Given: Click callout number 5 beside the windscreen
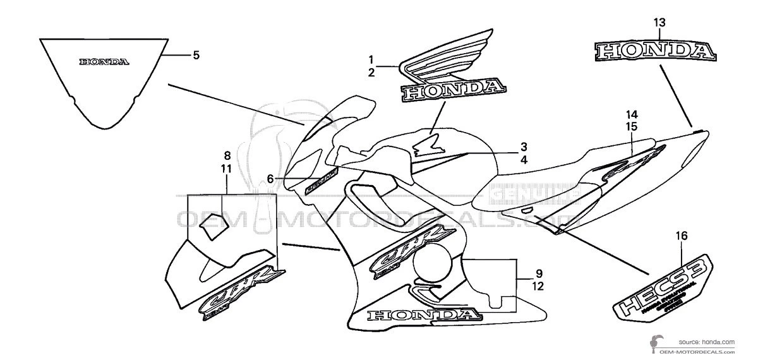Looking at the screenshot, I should (x=196, y=55).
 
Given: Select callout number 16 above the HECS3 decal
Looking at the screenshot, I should (x=681, y=236).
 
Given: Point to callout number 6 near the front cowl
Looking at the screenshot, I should (x=270, y=179).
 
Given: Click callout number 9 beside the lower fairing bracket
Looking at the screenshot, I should (x=539, y=273).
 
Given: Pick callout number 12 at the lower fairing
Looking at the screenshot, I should (x=539, y=286).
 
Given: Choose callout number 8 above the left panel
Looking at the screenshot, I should (x=226, y=155).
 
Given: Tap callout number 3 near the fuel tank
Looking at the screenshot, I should (x=524, y=147).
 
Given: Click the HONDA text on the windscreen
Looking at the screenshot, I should (x=104, y=62).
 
